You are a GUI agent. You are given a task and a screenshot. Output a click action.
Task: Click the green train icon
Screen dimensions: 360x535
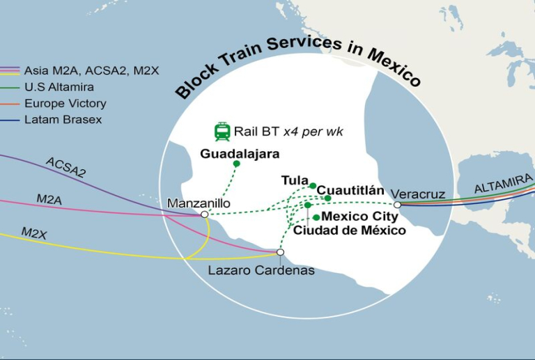pos(222,132)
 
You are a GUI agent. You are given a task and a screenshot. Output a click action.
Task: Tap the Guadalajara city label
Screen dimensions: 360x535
pos(240,153)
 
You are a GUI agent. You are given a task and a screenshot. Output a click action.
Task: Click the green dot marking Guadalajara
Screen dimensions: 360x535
pos(236,164)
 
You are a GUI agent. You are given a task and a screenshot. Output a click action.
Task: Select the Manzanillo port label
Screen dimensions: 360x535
pos(197,203)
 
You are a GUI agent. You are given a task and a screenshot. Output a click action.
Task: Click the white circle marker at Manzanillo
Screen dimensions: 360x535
pos(204,214)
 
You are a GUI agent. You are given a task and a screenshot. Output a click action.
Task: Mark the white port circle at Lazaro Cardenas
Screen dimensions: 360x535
pos(280,252)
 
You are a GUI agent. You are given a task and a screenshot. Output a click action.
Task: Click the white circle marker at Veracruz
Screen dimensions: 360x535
pos(397,205)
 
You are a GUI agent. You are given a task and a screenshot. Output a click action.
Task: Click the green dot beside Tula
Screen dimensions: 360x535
pos(313,186)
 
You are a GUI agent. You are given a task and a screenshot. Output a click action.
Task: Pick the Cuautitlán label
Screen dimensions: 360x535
pos(350,190)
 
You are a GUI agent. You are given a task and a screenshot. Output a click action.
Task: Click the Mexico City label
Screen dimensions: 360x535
pos(360,217)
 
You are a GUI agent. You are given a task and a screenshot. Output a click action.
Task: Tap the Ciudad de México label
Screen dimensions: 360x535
pos(349,230)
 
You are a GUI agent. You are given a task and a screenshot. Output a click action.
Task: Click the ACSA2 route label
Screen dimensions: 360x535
pos(65,167)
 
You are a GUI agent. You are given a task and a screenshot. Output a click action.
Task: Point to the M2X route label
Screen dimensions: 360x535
pos(34,233)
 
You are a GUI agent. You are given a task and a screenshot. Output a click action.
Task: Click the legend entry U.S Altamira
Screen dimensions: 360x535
pos(59,87)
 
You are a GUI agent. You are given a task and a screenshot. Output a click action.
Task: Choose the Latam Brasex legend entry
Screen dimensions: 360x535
pos(63,120)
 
